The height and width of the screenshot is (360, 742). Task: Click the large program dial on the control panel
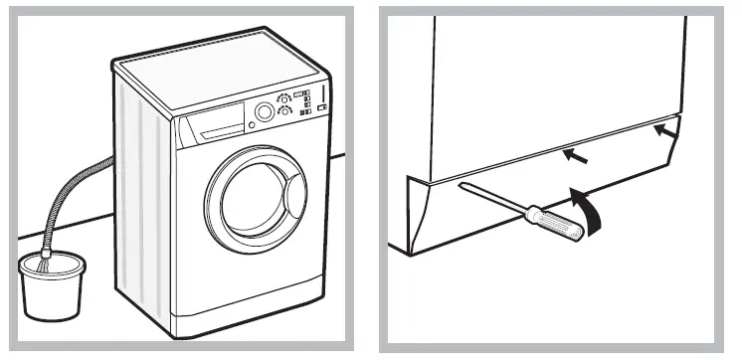[x=264, y=112]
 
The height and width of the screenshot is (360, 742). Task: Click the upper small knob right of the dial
[x=285, y=99]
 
